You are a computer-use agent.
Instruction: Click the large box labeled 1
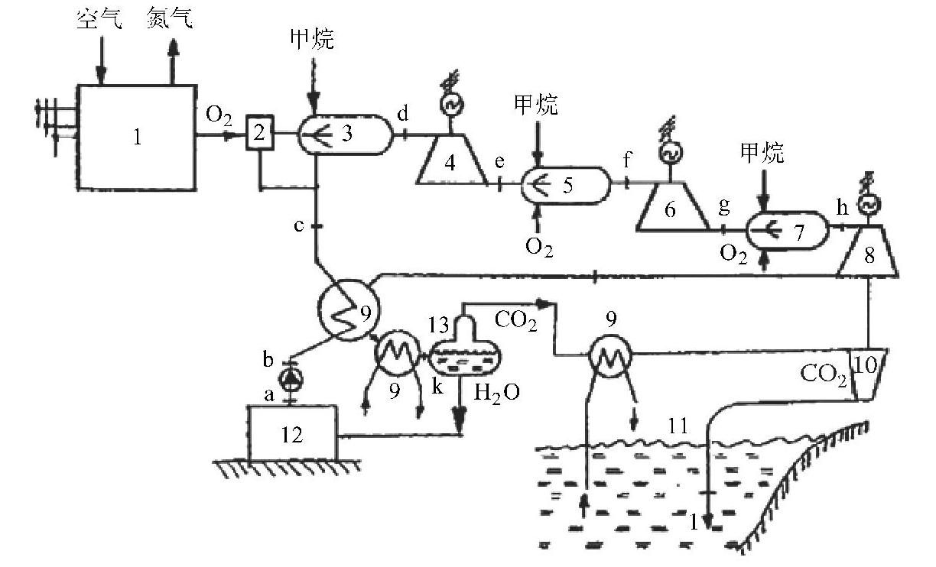click(x=136, y=138)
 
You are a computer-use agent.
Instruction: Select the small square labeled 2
click(x=260, y=134)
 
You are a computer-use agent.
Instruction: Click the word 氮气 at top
click(x=170, y=18)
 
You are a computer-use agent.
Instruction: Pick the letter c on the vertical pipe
click(x=300, y=226)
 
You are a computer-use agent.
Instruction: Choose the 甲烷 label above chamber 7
click(x=762, y=154)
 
